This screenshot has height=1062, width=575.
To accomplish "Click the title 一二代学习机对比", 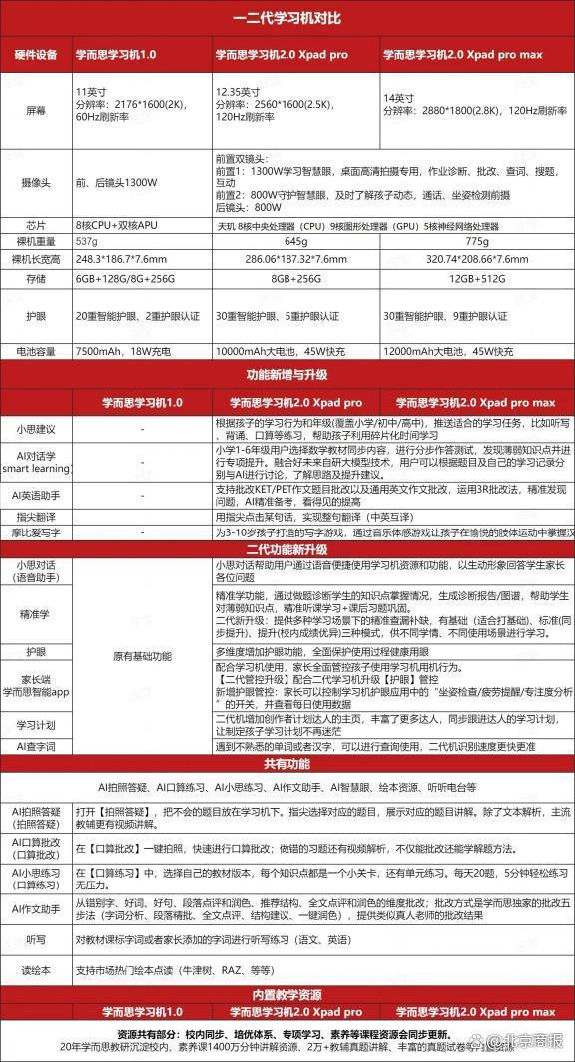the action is (x=287, y=17).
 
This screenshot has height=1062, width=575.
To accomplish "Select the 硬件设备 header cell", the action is (x=35, y=54).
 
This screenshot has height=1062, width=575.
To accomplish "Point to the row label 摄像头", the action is (x=35, y=182).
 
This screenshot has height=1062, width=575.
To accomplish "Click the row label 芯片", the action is (x=35, y=224).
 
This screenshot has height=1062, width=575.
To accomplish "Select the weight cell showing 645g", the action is (x=296, y=241).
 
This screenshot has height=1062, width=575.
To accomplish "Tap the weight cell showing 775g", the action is (x=477, y=241).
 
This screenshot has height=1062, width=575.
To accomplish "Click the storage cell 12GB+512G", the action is (x=477, y=279).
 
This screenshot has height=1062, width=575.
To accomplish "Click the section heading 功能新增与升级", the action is (x=287, y=375).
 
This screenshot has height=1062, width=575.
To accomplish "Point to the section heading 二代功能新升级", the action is (x=287, y=548).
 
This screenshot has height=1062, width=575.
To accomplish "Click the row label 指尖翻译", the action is (x=35, y=516).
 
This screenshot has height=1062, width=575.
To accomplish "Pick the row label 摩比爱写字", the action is (x=35, y=533).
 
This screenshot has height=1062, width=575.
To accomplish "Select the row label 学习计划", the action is (x=35, y=723).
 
